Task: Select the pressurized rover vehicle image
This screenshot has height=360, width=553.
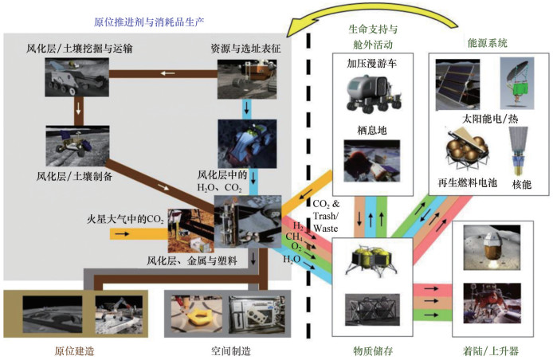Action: [368, 95]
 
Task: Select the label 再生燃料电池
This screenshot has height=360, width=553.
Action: [469, 183]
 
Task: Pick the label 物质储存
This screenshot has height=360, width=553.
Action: [367, 348]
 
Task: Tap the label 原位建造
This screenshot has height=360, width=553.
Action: [69, 348]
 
